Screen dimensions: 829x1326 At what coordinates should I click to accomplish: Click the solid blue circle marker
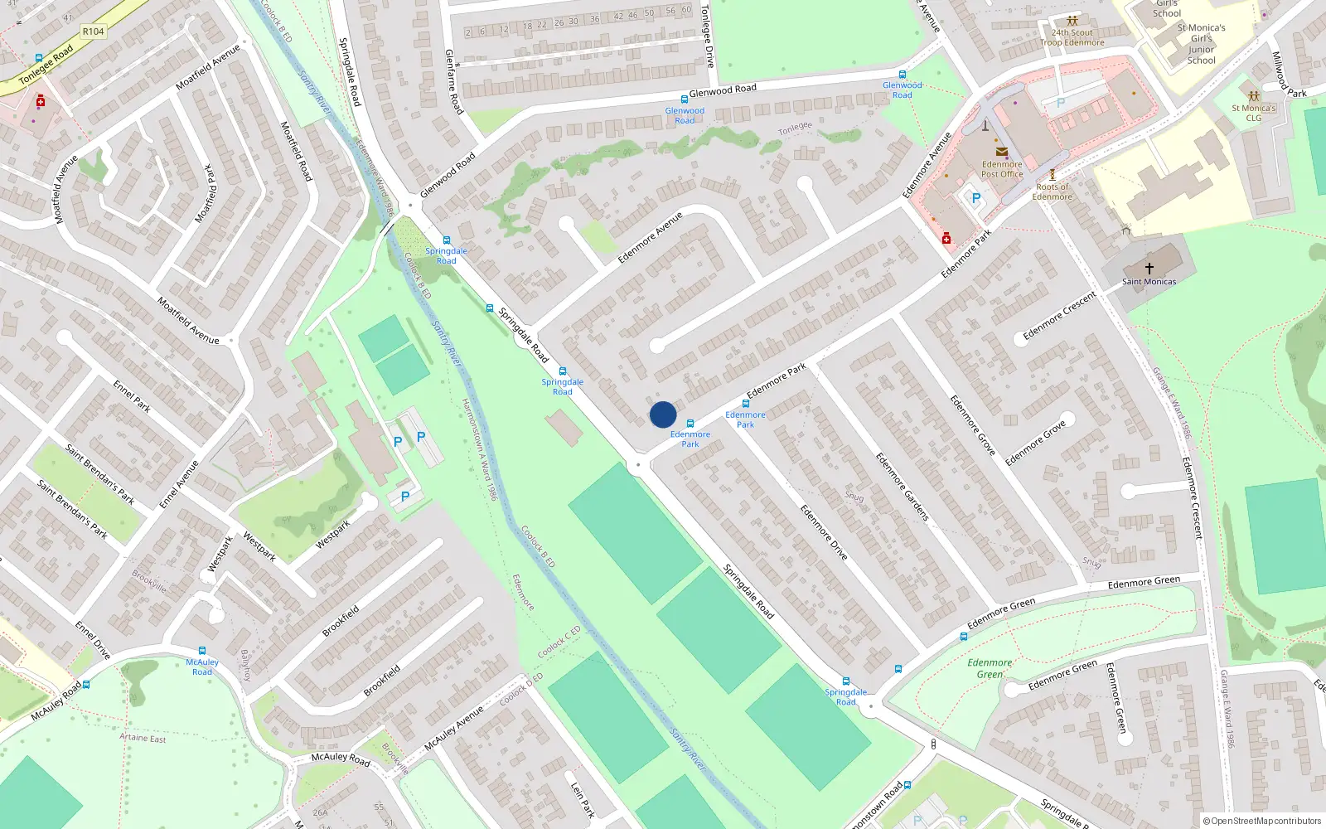coord(663,414)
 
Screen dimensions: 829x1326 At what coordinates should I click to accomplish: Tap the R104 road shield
coord(93,32)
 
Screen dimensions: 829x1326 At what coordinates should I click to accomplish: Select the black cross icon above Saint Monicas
coord(1149,268)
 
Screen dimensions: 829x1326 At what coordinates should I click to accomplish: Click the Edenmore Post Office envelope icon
coord(1002,152)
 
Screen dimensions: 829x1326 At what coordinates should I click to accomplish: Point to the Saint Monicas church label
coord(1149,282)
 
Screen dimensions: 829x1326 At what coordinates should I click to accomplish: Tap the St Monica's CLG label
coord(1253,113)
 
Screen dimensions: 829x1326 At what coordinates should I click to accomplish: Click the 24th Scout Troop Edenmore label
coord(1072,37)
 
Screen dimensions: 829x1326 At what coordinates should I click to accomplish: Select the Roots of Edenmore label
coord(1052,191)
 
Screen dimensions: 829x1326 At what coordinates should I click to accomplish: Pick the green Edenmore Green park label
coord(990,668)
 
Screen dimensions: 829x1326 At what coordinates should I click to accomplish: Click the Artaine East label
coord(143,738)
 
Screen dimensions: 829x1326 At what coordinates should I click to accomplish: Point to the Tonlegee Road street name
coord(46,65)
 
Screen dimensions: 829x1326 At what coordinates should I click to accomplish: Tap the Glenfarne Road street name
coord(453,81)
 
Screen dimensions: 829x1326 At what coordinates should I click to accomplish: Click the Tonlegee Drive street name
coord(707,36)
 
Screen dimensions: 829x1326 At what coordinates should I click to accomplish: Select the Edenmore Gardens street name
coord(903,487)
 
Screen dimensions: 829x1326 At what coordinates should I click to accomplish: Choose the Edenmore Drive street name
coord(824,532)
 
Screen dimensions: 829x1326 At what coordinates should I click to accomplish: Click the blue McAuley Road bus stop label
coord(202,667)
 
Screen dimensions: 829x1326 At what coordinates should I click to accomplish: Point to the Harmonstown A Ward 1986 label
coord(479,448)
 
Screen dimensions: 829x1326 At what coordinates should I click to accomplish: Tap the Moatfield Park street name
coord(206,194)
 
